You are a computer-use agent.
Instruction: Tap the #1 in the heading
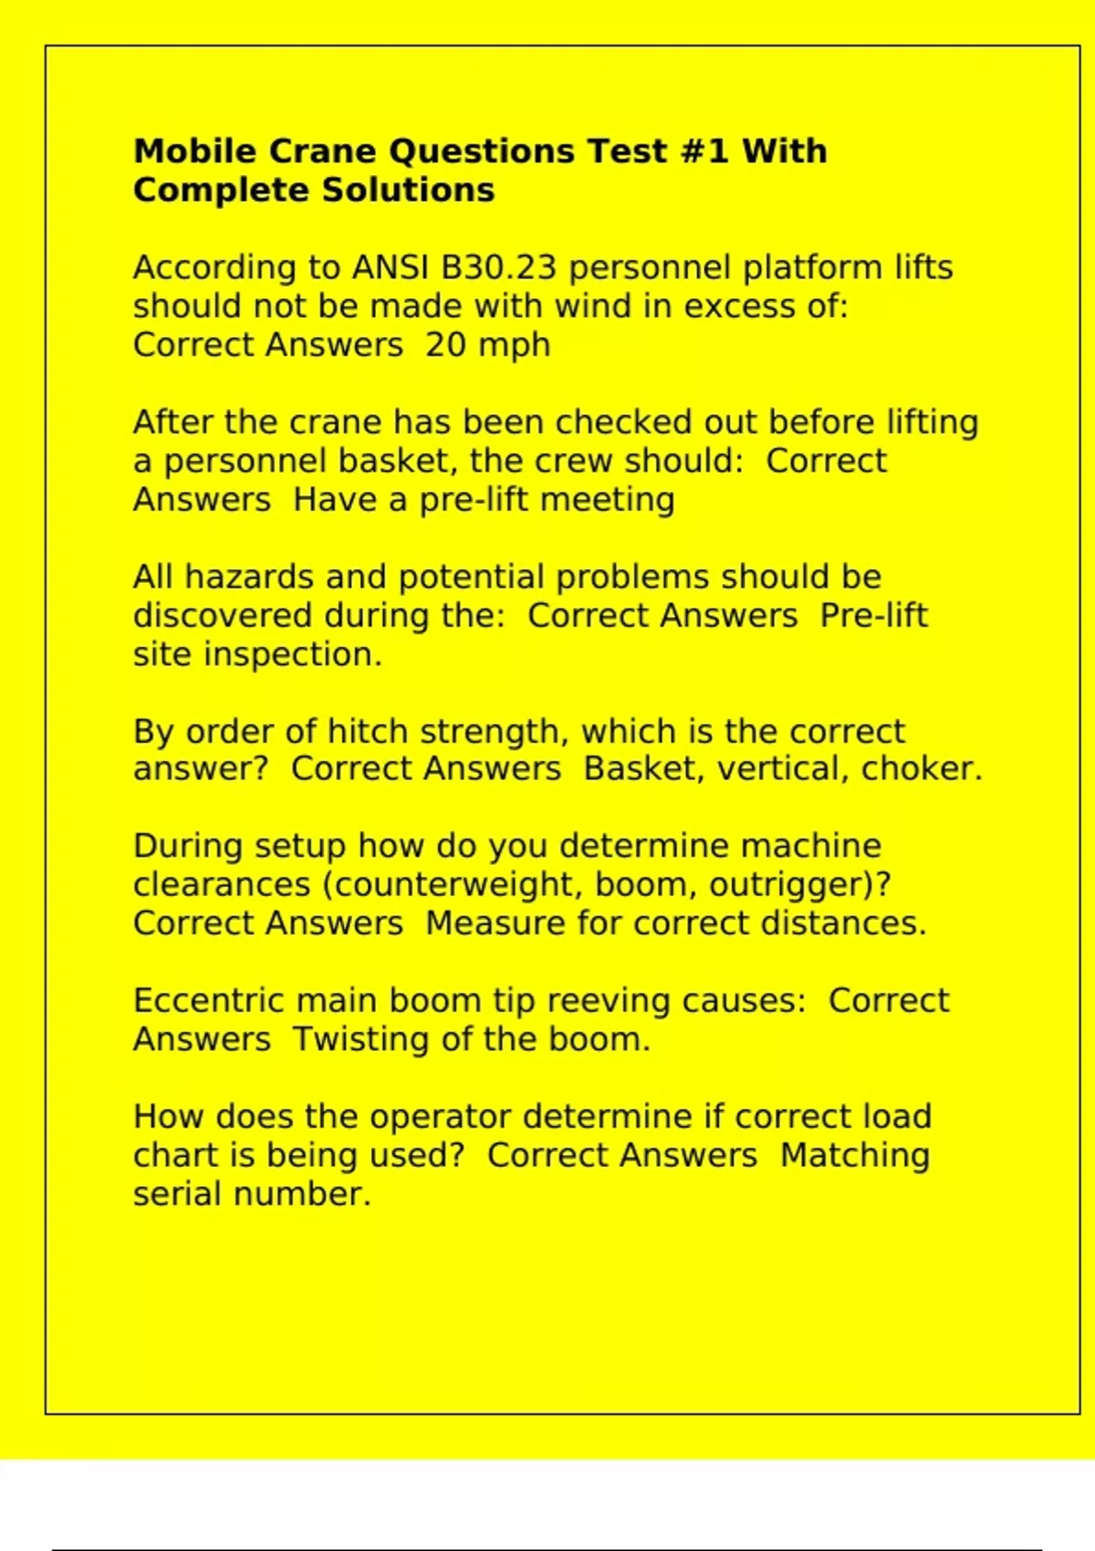[704, 151]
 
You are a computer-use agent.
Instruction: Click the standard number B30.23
[499, 268]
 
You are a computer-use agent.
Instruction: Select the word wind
[593, 307]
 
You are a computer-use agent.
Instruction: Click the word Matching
[855, 1156]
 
